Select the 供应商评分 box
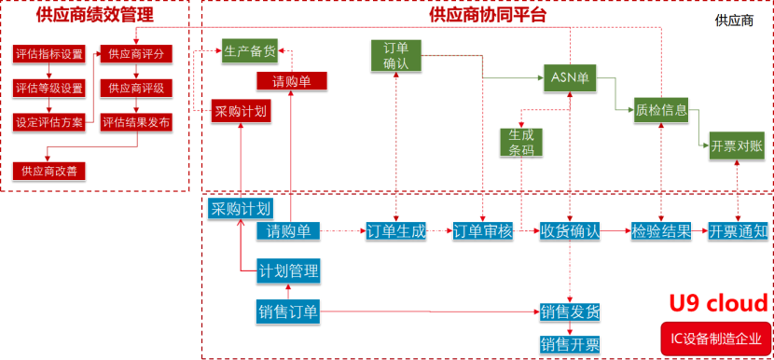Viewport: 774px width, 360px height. tap(136, 53)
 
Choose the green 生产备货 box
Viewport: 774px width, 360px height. tap(250, 50)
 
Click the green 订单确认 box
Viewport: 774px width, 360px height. tap(396, 56)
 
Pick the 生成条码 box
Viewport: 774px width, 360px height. tap(521, 142)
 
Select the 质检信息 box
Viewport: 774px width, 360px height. tap(661, 110)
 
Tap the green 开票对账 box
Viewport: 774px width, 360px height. tap(736, 145)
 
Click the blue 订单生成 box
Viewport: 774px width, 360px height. tap(396, 231)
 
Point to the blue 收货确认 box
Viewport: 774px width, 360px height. tap(570, 231)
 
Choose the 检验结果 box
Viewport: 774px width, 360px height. tap(661, 231)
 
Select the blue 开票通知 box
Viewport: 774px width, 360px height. tap(738, 231)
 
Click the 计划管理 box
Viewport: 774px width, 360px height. tap(289, 271)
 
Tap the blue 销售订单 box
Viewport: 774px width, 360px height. tap(289, 312)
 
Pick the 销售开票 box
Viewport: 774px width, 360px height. tap(570, 344)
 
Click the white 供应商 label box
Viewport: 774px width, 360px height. tap(734, 20)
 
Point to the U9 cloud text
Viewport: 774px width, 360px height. tap(720, 303)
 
